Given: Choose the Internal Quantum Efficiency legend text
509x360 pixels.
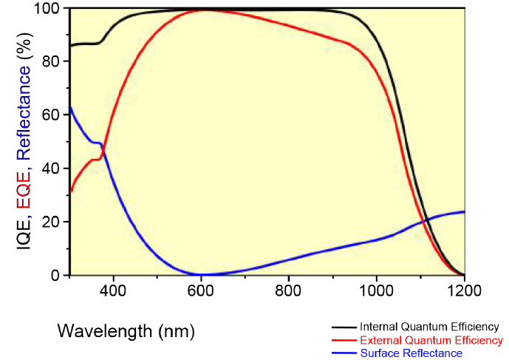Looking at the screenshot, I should pyautogui.click(x=429, y=326).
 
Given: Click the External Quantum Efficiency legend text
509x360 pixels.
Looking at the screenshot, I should pyautogui.click(x=431, y=340).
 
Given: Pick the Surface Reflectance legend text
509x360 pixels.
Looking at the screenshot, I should pyautogui.click(x=411, y=353).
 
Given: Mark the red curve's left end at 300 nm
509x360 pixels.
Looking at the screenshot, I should pyautogui.click(x=70, y=192).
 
